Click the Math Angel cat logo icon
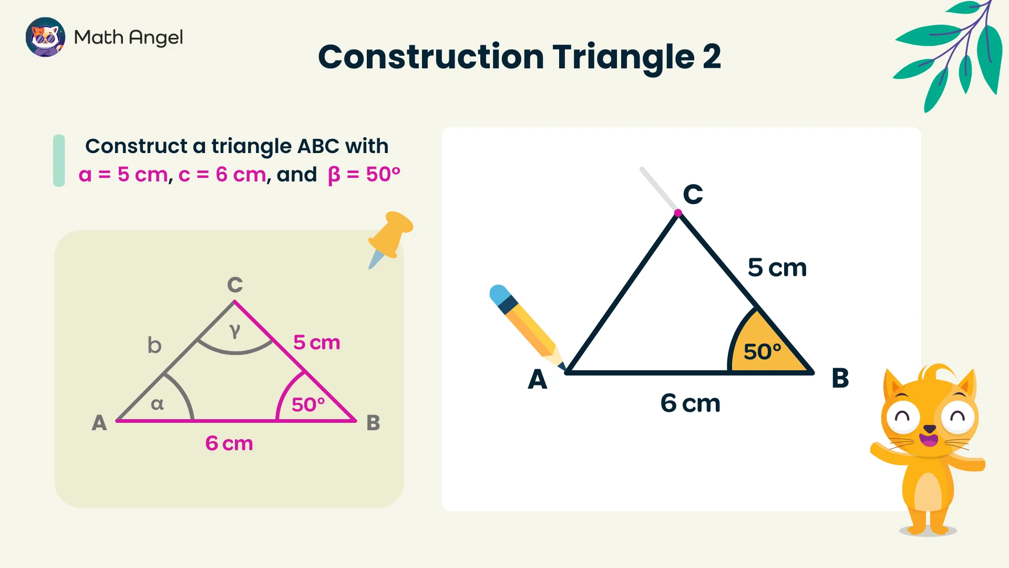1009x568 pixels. point(45,37)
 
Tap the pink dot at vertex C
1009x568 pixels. point(678,213)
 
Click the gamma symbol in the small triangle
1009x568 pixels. point(235,331)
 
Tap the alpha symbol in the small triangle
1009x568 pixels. point(157,404)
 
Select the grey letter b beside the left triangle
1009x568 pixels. point(154,345)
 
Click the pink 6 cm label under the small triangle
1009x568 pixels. point(229,443)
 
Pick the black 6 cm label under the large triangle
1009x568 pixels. point(690,403)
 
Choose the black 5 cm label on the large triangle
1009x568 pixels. point(777,268)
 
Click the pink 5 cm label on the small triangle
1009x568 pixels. point(316,342)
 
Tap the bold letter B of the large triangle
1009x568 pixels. point(840,378)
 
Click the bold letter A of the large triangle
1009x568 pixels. point(537,379)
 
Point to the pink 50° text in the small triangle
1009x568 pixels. point(308,404)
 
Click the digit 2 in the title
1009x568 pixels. point(712,56)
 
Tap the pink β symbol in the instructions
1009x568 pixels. point(334,175)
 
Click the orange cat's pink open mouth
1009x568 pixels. point(929,440)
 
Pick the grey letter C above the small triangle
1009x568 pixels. point(235,285)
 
